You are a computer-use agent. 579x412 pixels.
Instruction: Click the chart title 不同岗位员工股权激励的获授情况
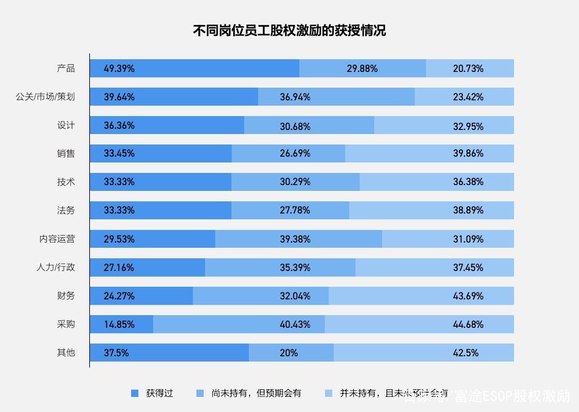[289, 31]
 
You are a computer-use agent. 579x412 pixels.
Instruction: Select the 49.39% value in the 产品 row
[119, 68]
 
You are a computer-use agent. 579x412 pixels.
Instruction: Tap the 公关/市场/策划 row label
[45, 97]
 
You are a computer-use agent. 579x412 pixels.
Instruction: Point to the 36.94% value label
[295, 97]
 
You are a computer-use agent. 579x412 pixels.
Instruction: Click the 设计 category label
[66, 125]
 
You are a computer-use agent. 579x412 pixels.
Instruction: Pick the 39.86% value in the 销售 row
[468, 154]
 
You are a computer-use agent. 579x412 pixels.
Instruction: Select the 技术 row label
[66, 182]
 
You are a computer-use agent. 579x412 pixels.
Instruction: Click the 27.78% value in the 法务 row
[295, 211]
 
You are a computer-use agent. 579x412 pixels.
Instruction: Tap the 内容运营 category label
[57, 239]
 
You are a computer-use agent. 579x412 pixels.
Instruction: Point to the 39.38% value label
[295, 239]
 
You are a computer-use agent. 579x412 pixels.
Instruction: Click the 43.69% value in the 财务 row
[468, 296]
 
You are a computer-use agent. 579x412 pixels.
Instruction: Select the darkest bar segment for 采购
[121, 324]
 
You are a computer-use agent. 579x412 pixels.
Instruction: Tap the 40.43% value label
[295, 324]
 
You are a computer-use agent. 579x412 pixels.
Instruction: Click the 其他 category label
[66, 353]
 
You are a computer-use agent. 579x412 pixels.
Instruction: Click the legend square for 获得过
[135, 393]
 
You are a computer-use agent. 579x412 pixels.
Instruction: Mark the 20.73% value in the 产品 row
[468, 68]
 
